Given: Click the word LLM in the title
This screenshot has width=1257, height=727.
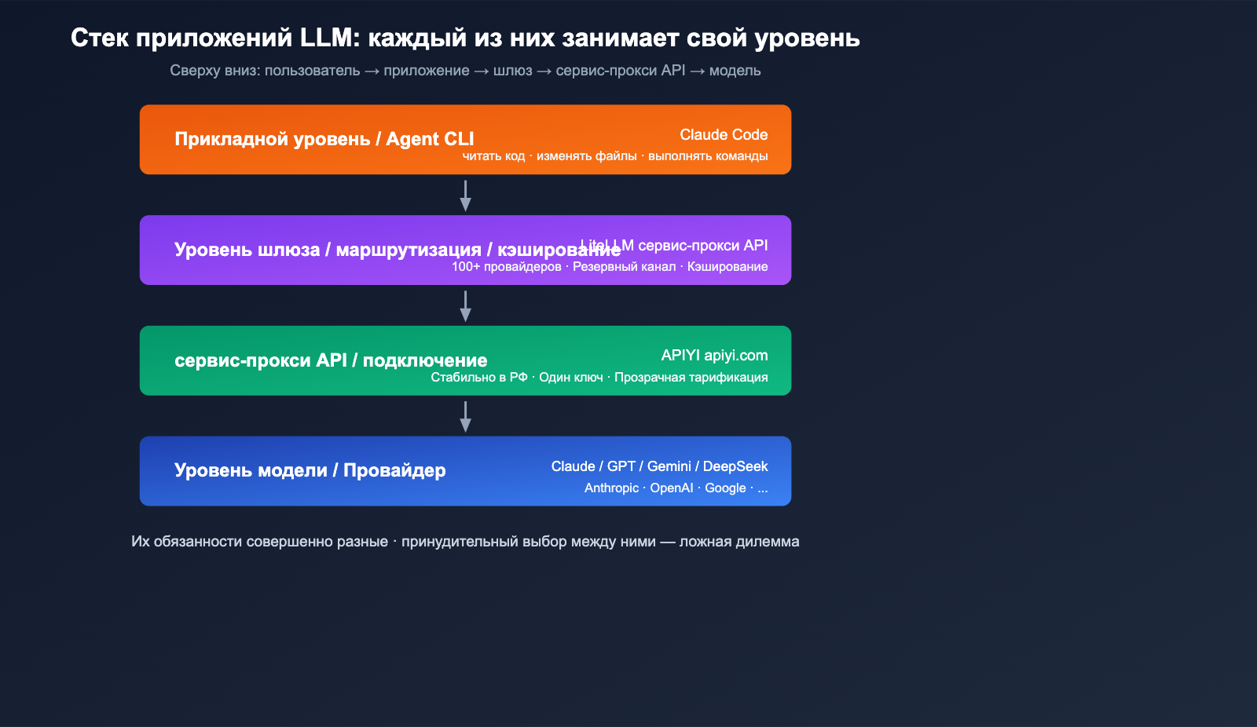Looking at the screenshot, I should pyautogui.click(x=329, y=38).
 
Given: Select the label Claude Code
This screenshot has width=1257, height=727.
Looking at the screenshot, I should pyautogui.click(x=724, y=135).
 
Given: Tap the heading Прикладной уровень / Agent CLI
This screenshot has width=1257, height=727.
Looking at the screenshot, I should pyautogui.click(x=324, y=139).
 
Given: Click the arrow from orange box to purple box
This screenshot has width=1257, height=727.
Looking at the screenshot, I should pyautogui.click(x=465, y=195).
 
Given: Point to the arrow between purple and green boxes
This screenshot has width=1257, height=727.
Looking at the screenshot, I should pyautogui.click(x=465, y=306).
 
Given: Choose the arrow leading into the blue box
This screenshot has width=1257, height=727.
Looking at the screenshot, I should pyautogui.click(x=465, y=417).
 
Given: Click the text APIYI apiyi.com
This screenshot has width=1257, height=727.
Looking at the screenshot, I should pyautogui.click(x=714, y=356).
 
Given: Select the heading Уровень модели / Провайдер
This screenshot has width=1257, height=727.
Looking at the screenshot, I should pyautogui.click(x=310, y=470).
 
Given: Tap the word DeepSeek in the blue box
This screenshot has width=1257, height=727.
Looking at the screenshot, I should pyautogui.click(x=735, y=466).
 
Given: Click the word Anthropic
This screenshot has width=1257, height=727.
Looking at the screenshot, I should pyautogui.click(x=611, y=488).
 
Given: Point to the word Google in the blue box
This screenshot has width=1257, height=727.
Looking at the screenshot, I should pyautogui.click(x=725, y=488).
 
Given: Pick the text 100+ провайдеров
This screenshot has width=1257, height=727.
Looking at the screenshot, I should pyautogui.click(x=506, y=267).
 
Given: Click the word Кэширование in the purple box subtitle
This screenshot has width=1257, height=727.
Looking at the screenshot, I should pyautogui.click(x=727, y=267).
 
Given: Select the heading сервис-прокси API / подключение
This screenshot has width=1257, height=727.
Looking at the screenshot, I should pyautogui.click(x=331, y=360).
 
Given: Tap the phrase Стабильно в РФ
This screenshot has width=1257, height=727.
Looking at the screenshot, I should pyautogui.click(x=479, y=378).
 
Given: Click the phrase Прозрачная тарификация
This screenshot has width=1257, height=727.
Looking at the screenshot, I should pyautogui.click(x=691, y=378).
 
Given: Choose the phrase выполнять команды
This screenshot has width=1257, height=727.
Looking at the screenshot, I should pyautogui.click(x=708, y=156).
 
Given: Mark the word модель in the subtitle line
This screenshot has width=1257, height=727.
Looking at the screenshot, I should pyautogui.click(x=735, y=71).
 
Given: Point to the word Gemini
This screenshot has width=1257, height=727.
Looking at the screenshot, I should pyautogui.click(x=669, y=466).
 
